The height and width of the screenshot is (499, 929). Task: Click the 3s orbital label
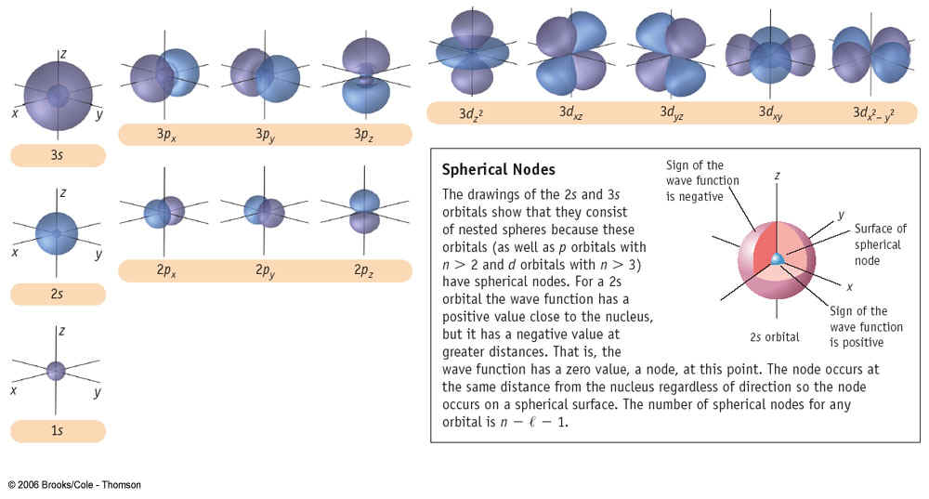pyautogui.click(x=57, y=155)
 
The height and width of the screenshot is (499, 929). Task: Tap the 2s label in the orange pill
pyautogui.click(x=57, y=294)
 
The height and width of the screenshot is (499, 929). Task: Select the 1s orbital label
pyautogui.click(x=57, y=430)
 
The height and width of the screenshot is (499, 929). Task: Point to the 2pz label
pyautogui.click(x=364, y=270)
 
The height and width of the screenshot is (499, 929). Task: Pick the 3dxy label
pyautogui.click(x=771, y=112)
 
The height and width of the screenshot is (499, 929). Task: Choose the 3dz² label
pyautogui.click(x=471, y=112)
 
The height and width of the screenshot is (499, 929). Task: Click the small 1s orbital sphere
pyautogui.click(x=56, y=371)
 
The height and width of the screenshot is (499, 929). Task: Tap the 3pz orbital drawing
pyautogui.click(x=366, y=75)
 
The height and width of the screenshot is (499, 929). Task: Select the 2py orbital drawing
pyautogui.click(x=264, y=212)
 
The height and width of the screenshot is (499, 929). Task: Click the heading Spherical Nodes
pyautogui.click(x=498, y=170)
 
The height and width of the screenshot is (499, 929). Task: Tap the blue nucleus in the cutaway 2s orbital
pyautogui.click(x=777, y=259)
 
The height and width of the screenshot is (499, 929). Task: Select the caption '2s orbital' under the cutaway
pyautogui.click(x=775, y=337)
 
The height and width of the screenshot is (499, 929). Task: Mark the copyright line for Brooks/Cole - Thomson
pyautogui.click(x=74, y=485)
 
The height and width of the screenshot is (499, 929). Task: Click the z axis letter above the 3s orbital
pyautogui.click(x=63, y=55)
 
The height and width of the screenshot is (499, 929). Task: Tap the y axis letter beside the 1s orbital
pyautogui.click(x=98, y=392)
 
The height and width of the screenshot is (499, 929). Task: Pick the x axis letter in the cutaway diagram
pyautogui.click(x=850, y=287)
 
